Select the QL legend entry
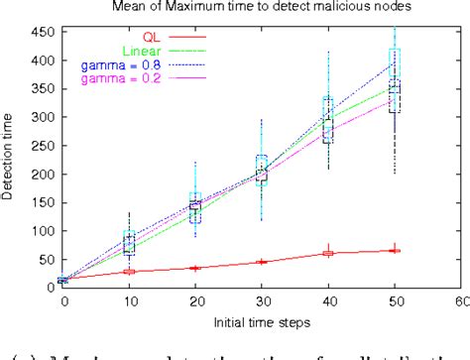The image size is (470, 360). point(154,35)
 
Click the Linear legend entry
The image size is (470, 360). point(143,50)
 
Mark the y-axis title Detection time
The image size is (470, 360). point(10,159)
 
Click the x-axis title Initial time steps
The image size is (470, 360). point(262,324)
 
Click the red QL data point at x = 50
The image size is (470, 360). point(395,250)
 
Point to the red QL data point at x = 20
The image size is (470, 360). point(195,268)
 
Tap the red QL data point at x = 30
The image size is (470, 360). point(262,262)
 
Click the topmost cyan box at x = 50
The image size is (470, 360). point(395,58)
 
